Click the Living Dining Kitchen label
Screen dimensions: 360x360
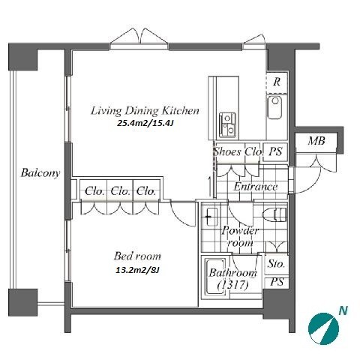(x=145, y=111)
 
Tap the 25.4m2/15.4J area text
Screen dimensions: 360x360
(x=145, y=123)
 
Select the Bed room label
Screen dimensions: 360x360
(x=137, y=256)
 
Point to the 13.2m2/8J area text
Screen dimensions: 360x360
(x=137, y=270)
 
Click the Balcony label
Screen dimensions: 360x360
(x=40, y=173)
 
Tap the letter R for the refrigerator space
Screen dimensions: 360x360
(x=277, y=82)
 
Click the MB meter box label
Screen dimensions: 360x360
(x=316, y=141)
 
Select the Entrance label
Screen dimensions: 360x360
(x=256, y=187)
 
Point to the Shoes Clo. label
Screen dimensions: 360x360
(x=238, y=151)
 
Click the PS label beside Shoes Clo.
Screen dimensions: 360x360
(x=275, y=151)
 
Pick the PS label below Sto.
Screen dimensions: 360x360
(x=277, y=282)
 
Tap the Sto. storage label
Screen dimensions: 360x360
(x=276, y=264)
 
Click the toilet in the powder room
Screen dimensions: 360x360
(x=274, y=214)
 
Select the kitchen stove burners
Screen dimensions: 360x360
(x=227, y=124)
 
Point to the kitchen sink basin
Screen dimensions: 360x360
(x=274, y=107)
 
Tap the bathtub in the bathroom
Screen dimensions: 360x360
(x=214, y=277)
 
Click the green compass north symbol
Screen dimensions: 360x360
(x=323, y=328)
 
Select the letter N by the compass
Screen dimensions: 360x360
(x=343, y=310)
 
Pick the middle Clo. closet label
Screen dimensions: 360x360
(x=121, y=191)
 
